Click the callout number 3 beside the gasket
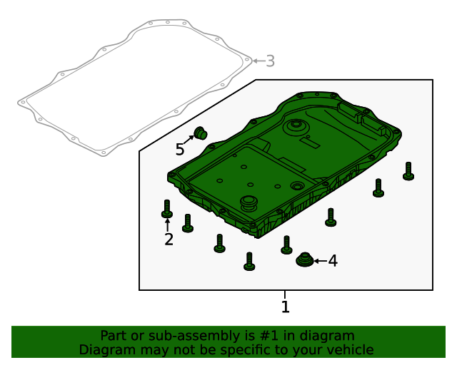point(271,61)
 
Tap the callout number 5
point(180,149)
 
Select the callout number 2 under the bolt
point(169,240)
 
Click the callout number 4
point(333,261)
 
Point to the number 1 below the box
point(286,307)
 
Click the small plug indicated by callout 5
point(201,133)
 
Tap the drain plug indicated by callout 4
point(305,259)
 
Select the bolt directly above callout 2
point(167,209)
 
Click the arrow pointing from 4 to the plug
point(321,261)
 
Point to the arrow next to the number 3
point(258,61)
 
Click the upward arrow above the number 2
point(167,225)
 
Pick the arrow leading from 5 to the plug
point(189,140)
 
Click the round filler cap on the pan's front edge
point(248,203)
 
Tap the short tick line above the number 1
point(285,294)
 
